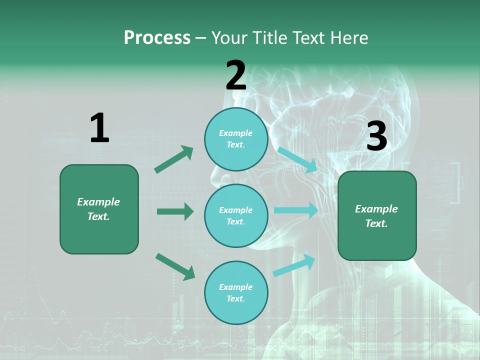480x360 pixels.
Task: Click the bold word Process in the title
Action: (157, 38)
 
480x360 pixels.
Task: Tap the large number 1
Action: (99, 128)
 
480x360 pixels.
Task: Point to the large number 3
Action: (376, 136)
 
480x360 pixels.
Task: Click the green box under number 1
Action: (99, 209)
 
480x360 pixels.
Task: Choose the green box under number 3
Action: (377, 216)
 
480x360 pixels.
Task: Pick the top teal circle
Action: (236, 139)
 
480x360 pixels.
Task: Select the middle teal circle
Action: (236, 216)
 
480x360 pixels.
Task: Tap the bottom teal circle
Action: (236, 293)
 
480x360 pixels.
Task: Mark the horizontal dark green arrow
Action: (175, 211)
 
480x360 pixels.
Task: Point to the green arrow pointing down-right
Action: (175, 266)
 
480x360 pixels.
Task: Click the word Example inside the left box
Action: (98, 202)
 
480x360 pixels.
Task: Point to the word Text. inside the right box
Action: (376, 223)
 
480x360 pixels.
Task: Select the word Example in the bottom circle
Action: (236, 287)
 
